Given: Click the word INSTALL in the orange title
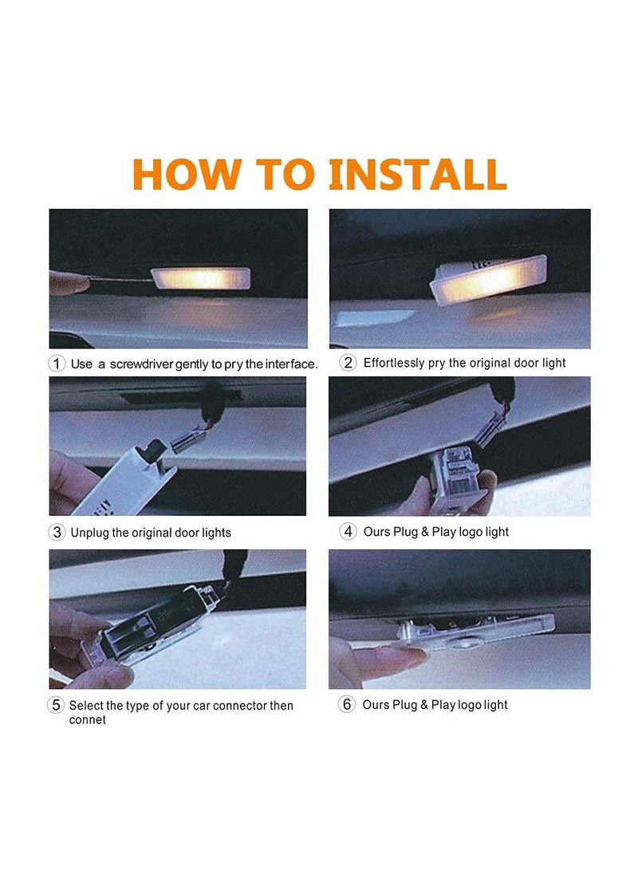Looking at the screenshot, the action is point(417,174).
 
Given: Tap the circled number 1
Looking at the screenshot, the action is point(57,364).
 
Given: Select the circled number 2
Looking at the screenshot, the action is point(348,363).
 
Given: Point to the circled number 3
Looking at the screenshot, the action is point(57,533).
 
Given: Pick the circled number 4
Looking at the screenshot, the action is point(348,532).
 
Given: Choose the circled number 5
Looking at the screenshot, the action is point(56,705).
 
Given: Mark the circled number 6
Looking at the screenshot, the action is point(347,705).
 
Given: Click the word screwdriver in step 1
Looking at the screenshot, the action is point(141,364).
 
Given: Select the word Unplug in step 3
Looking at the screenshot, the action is point(90,533).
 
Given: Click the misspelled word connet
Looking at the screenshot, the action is point(87,719).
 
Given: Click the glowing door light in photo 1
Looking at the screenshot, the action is point(201,278).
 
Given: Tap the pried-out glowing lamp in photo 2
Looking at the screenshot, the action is point(488,279).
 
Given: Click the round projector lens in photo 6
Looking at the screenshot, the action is point(460,643).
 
